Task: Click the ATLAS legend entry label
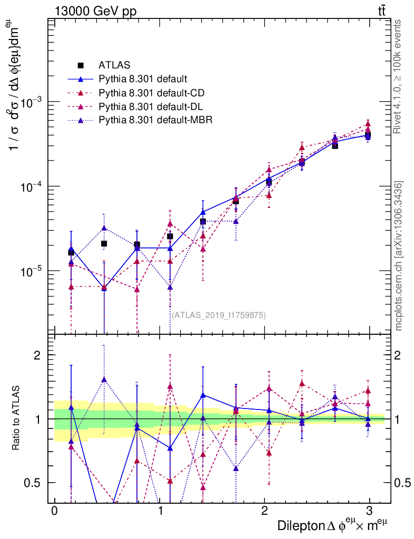coord(114,66)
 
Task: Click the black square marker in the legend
coord(81,66)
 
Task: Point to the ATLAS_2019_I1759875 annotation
coord(219,315)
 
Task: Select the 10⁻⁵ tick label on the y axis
coord(30,271)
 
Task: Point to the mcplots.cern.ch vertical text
coord(399,256)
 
